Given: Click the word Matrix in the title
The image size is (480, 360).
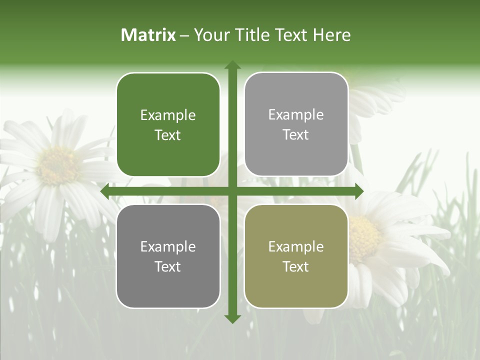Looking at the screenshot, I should pyautogui.click(x=148, y=35).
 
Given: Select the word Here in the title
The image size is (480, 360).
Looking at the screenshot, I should pyautogui.click(x=331, y=35).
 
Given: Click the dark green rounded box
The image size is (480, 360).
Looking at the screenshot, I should pyautogui.click(x=168, y=124).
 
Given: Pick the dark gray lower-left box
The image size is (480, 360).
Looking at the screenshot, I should pyautogui.click(x=168, y=256).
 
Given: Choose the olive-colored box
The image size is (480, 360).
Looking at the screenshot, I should pyautogui.click(x=296, y=256).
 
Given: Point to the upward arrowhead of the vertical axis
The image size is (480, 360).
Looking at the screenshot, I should pyautogui.click(x=232, y=64).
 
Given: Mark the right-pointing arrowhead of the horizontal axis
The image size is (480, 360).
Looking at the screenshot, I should pyautogui.click(x=359, y=191).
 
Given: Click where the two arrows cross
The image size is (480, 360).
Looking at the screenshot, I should pyautogui.click(x=232, y=191).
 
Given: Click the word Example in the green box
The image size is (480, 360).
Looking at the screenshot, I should pyautogui.click(x=168, y=115).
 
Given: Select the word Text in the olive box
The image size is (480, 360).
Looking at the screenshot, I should pyautogui.click(x=296, y=266).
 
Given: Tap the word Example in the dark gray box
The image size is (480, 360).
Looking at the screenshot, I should pyautogui.click(x=168, y=246).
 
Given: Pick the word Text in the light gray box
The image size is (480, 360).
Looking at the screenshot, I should pyautogui.click(x=296, y=134).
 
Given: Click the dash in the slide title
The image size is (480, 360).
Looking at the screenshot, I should pyautogui.click(x=184, y=35).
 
